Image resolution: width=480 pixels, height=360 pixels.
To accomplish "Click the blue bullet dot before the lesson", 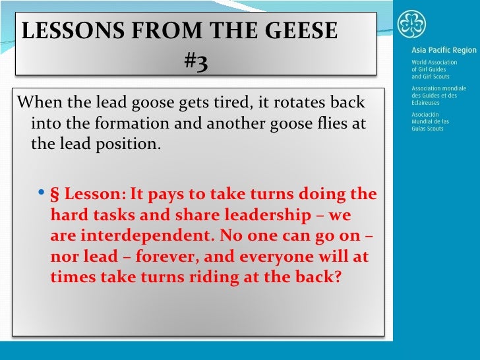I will coord(42,194).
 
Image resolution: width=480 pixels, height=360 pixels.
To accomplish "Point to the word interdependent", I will coord(138,236).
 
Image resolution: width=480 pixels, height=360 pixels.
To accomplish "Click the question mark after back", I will coord(337,276).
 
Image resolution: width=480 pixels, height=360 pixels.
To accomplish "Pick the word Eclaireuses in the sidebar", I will coord(426,104).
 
